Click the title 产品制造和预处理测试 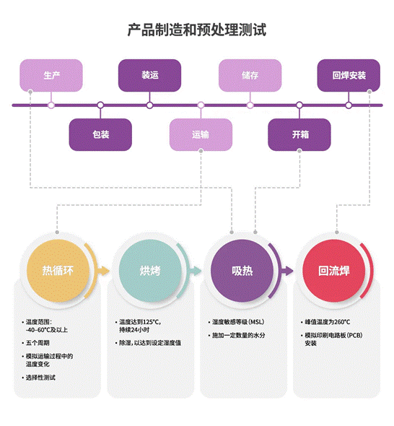pos(197,30)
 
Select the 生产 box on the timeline pos(51,75)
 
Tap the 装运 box pos(149,75)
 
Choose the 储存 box pos(250,75)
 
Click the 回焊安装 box pos(349,75)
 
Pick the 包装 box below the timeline pos(100,134)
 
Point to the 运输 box pos(200,134)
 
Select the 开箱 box pos(299,134)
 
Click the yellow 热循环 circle pos(58,271)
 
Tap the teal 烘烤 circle pos(150,271)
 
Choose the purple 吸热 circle pos(242,271)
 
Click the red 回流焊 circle pos(334,271)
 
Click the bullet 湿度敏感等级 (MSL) pos(240,322)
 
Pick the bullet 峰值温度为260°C pos(327,322)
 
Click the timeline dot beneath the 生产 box pos(51,105)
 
